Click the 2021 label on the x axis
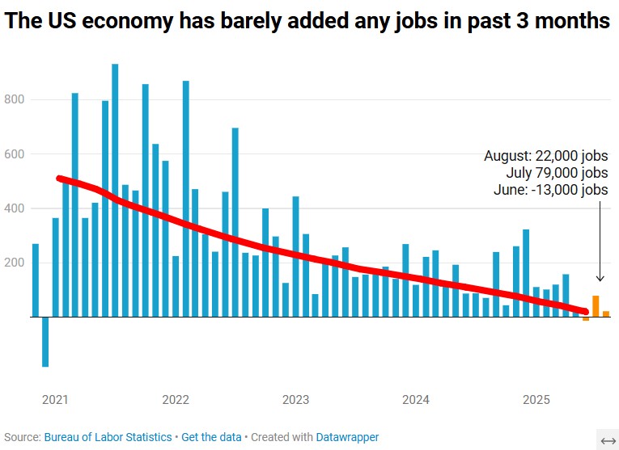55,400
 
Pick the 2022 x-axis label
176,400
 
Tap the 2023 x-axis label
295,400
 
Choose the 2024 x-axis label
416,400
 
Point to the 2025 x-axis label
536,400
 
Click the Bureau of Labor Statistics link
108,437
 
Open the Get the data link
211,437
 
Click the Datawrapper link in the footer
347,437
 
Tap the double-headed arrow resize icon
608,439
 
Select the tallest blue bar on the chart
115,190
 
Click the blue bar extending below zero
45,342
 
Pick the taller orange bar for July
596,306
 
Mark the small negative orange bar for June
586,319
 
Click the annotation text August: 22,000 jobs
545,156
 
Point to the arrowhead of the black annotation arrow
600,280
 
